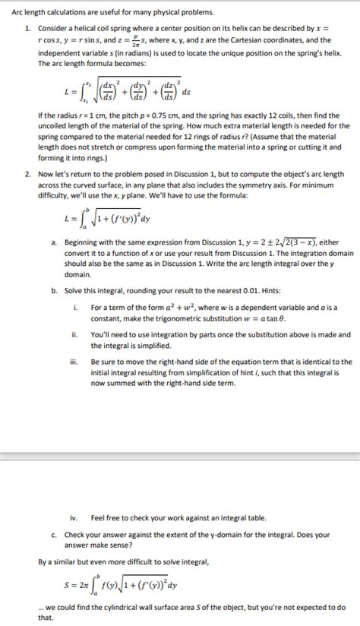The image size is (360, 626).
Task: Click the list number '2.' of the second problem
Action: [x=28, y=174]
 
